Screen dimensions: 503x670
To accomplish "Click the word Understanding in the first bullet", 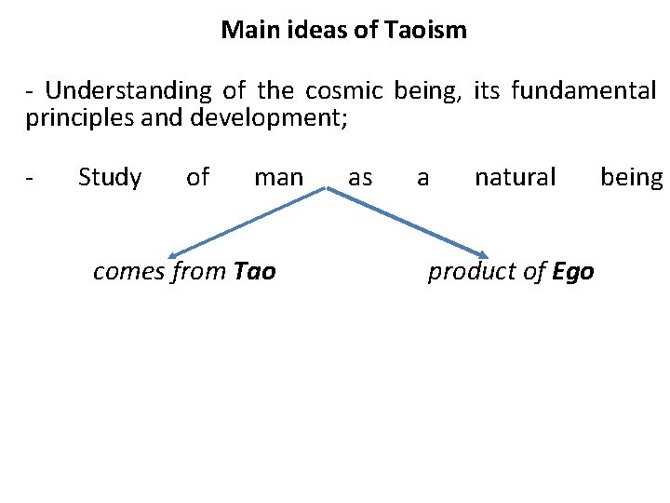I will point(128,91).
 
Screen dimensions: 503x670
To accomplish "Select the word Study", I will point(110,177).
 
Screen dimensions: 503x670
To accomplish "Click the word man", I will point(278,177).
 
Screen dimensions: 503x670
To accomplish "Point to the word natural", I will point(515,177).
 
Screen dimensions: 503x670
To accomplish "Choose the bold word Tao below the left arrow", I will point(255,271).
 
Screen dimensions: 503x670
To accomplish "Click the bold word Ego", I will point(573,271).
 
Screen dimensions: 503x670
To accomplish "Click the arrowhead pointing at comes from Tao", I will point(173,254).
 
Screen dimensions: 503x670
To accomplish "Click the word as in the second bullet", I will point(360,177).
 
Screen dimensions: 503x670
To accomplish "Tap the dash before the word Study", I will point(32,177).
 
